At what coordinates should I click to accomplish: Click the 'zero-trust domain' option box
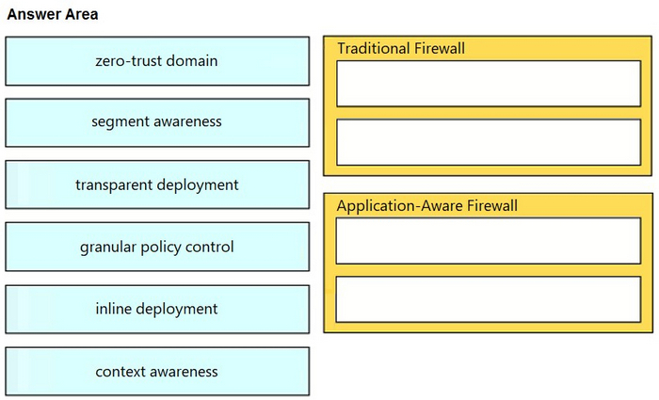click(x=157, y=61)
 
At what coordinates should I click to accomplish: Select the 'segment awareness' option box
click(x=157, y=122)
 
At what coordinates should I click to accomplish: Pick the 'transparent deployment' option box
click(x=157, y=184)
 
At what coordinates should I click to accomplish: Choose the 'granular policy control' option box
click(x=157, y=247)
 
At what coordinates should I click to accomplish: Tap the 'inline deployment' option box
click(x=157, y=310)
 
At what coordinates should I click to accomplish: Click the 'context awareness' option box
click(x=157, y=372)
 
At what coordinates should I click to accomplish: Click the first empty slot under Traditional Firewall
click(x=489, y=84)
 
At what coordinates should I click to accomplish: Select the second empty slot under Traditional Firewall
click(x=489, y=142)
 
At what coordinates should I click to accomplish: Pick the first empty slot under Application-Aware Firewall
click(x=489, y=241)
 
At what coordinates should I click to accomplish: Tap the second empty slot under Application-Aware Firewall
click(x=489, y=299)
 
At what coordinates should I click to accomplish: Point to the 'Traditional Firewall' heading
click(x=401, y=48)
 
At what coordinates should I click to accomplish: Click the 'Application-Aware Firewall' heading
click(x=427, y=206)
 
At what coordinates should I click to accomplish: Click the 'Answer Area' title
click(x=53, y=14)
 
